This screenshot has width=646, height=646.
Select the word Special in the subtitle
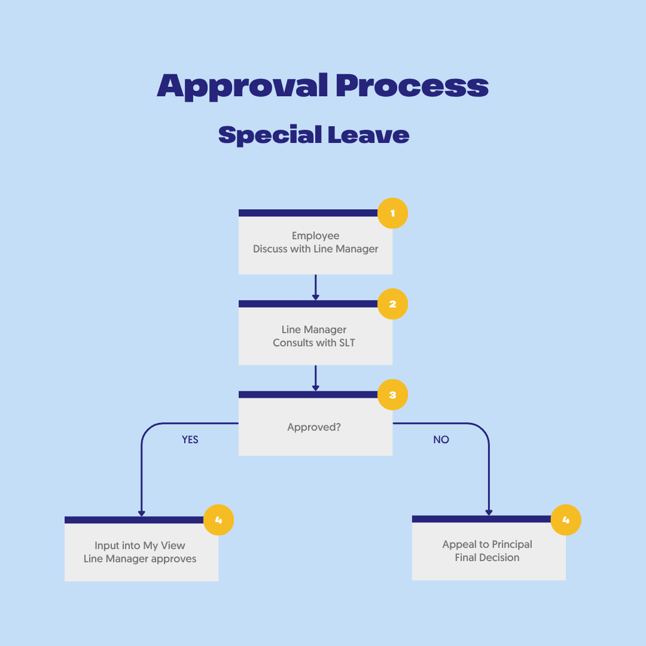click(x=269, y=135)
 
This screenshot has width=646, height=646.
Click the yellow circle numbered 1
click(x=392, y=213)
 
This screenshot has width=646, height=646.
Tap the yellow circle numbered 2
click(x=392, y=304)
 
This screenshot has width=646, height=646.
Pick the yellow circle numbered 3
click(x=392, y=395)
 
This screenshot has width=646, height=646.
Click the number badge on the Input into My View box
click(x=218, y=520)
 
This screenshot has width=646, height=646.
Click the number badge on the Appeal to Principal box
click(x=566, y=519)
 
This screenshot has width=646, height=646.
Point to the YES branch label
click(x=190, y=440)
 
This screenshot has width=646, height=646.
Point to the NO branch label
click(x=441, y=440)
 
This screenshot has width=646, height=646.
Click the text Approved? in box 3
click(x=314, y=428)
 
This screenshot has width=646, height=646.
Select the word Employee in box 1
click(x=315, y=236)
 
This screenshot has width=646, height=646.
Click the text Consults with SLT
click(x=313, y=343)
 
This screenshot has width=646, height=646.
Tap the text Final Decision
click(x=487, y=557)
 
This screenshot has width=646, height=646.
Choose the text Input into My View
click(x=140, y=546)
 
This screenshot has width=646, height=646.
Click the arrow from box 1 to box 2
click(x=316, y=287)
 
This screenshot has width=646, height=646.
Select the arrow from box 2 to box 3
click(x=316, y=378)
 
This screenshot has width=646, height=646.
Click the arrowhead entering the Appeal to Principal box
click(x=489, y=511)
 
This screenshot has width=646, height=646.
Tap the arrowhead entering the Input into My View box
click(x=142, y=512)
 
